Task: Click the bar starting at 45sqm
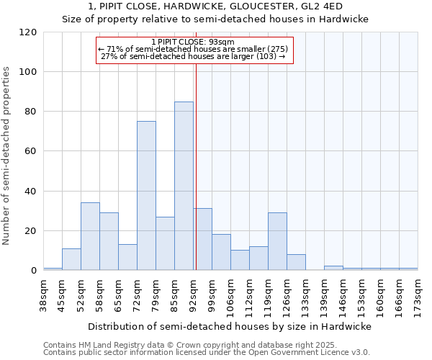click(x=71, y=259)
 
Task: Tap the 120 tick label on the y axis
click(x=28, y=32)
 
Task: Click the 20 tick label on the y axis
click(x=31, y=231)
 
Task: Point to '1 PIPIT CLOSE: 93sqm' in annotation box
click(x=194, y=42)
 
